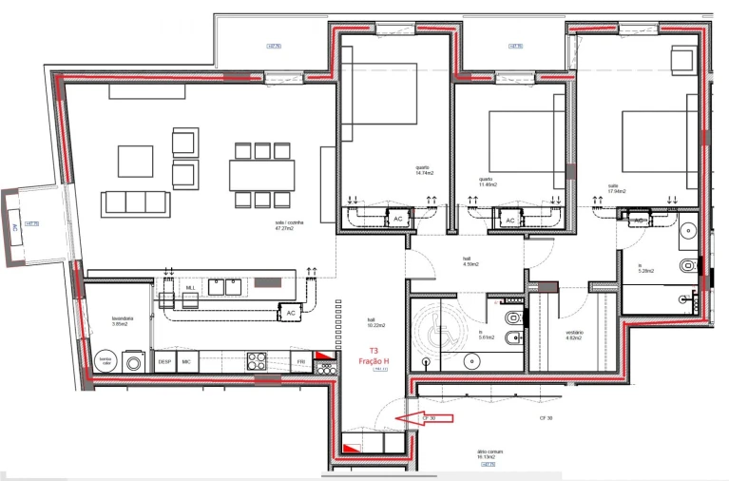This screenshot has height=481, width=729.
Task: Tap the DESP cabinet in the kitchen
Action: [164, 362]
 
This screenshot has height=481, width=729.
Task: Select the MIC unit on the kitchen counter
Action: [186, 362]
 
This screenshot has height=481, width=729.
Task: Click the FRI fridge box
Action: [300, 362]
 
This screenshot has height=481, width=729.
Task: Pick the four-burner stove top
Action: [257, 361]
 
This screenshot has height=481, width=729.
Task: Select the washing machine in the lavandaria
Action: [134, 362]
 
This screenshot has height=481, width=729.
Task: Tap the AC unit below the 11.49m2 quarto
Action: [509, 221]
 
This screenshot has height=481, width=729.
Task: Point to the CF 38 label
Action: [547, 418]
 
